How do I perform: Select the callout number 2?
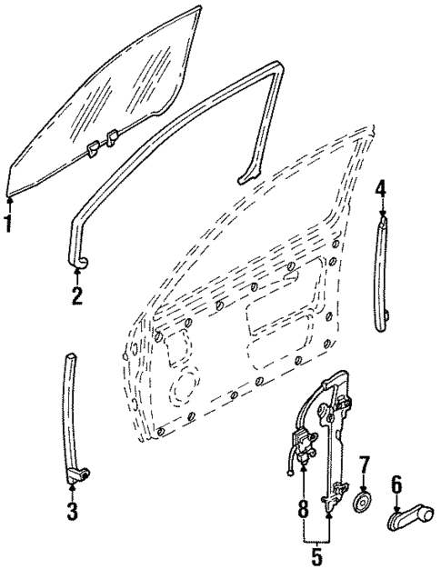[x=78, y=294]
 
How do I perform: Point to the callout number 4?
[x=382, y=187]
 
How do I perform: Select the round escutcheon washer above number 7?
[x=363, y=503]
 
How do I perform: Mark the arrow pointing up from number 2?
[x=78, y=275]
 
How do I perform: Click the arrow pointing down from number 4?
[x=382, y=206]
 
